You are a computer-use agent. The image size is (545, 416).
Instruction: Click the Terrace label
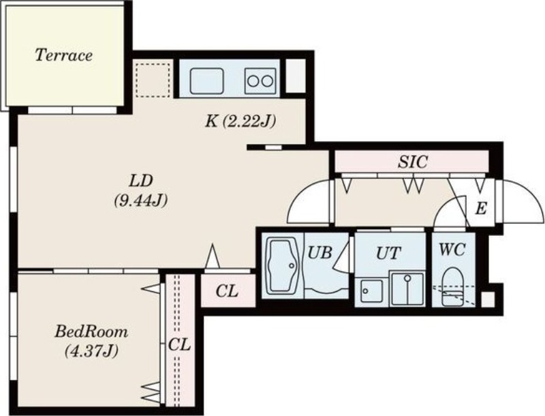pos(64,55)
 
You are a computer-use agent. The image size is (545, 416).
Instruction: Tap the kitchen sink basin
pos(206,80)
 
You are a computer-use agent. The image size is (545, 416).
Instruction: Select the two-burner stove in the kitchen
pos(260,81)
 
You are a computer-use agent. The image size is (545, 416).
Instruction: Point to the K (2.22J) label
pos(240,121)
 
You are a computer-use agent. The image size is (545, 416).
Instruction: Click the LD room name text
pos(142,181)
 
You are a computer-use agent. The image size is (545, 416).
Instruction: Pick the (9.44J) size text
pos(141,200)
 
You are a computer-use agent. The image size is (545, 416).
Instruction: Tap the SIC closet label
pos(413,162)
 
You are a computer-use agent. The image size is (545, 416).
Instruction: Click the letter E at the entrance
pos(480,209)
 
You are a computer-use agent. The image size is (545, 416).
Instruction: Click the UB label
pos(320,253)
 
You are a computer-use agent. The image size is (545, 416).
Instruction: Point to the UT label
pos(388,253)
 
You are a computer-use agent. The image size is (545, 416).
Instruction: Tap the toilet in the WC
pos(453,286)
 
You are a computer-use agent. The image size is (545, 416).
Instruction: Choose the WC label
pos(452,250)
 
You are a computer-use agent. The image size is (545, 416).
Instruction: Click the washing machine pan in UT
pos(407,288)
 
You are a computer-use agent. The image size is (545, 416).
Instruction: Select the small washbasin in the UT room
pos(371,291)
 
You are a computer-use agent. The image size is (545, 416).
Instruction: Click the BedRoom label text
pos(91,331)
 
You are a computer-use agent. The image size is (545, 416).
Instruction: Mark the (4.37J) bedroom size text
pos(91,351)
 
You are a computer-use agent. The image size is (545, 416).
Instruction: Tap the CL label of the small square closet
pos(227,291)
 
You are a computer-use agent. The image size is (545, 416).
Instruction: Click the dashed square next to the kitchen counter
pos(153,80)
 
